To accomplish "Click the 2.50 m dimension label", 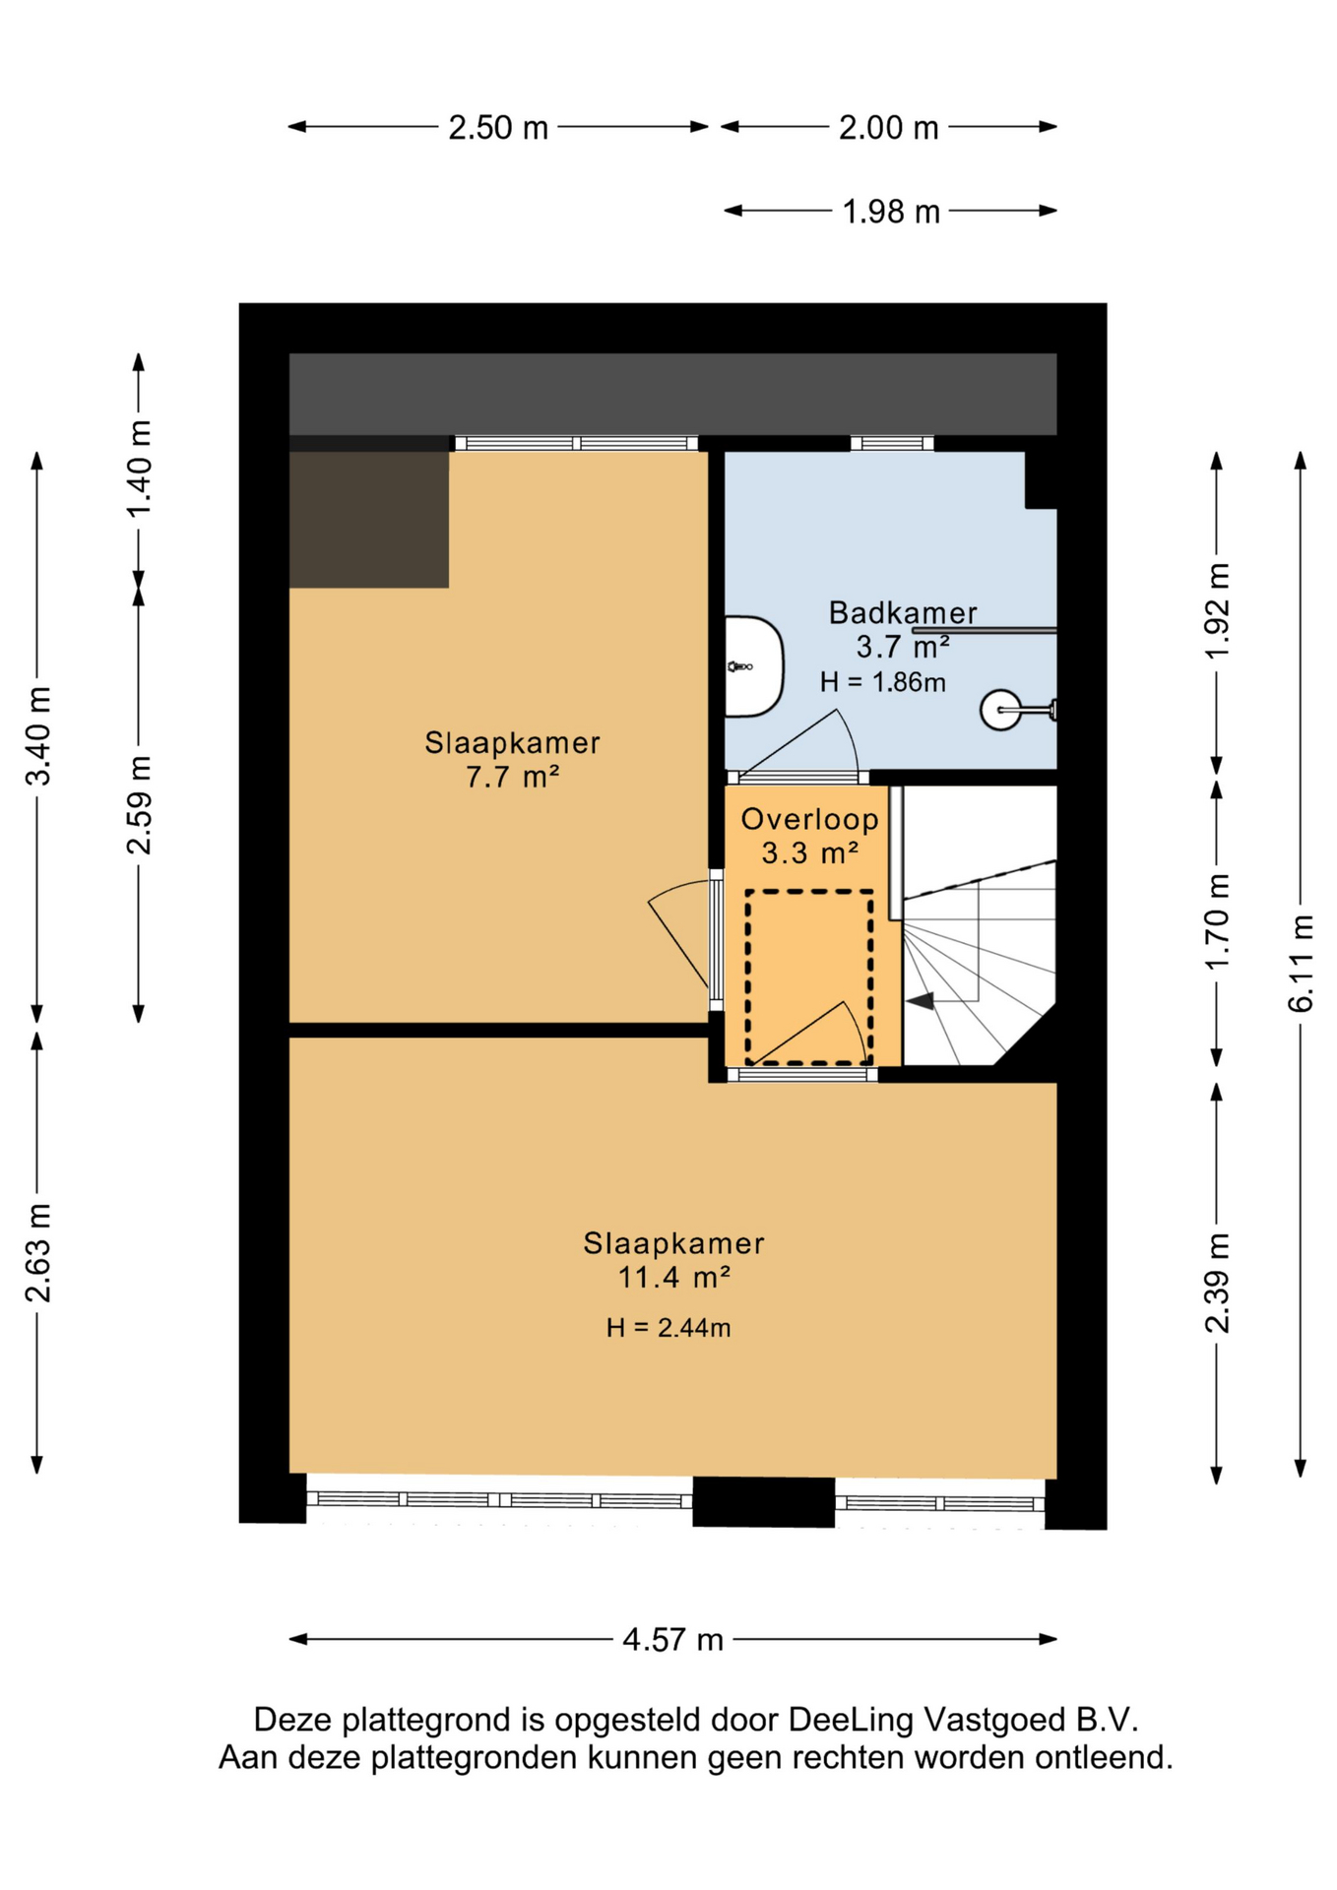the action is [498, 128].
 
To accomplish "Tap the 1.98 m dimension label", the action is [891, 212].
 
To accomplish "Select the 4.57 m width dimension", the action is [673, 1640].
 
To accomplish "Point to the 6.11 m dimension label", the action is [1301, 964].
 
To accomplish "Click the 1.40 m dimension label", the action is [139, 469].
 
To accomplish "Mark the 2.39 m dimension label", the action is [1218, 1284].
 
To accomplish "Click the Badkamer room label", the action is [903, 613].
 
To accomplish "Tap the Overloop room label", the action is [809, 819].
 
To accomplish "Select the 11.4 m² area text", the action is [673, 1278].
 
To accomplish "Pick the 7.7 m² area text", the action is [512, 778].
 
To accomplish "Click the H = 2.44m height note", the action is [668, 1329].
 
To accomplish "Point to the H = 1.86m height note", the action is [883, 682].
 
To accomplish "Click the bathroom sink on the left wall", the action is [754, 666].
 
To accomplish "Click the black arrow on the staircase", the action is [921, 1001].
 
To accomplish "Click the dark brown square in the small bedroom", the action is [369, 520].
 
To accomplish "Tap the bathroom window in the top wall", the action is [892, 444].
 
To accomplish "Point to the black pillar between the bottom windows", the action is [764, 1502].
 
